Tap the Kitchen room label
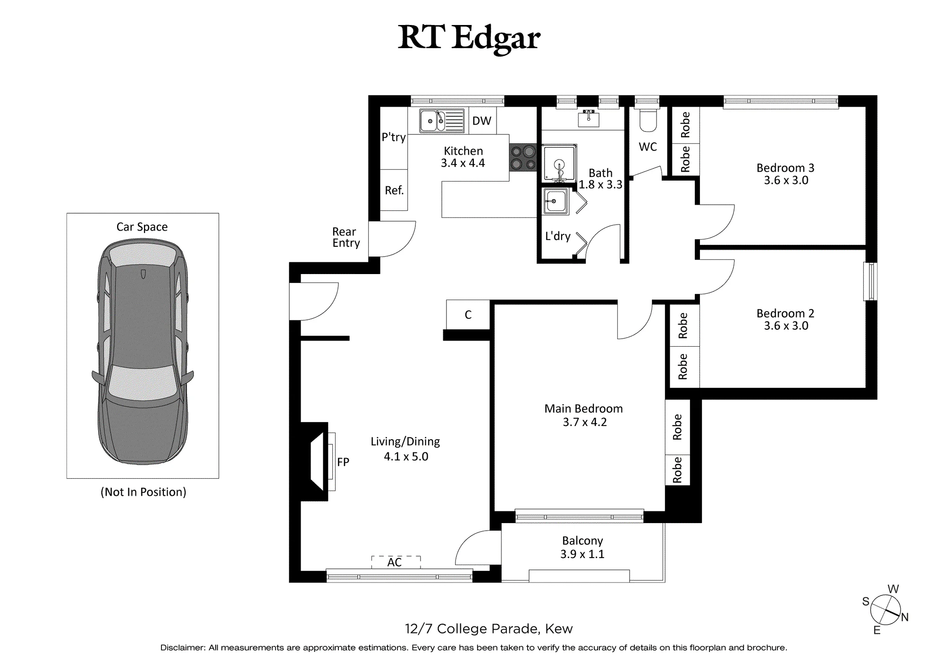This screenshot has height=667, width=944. click(463, 151)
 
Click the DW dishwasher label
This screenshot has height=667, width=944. click(481, 121)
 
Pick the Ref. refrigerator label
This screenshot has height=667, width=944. click(394, 190)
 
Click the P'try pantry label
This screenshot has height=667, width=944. click(394, 137)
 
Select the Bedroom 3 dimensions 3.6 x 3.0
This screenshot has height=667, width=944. click(786, 180)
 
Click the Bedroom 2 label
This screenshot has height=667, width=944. click(785, 313)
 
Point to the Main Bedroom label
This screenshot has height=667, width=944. click(583, 409)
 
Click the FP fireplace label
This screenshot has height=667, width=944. click(343, 462)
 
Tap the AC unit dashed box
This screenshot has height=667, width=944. click(396, 562)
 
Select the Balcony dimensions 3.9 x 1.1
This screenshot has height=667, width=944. click(582, 554)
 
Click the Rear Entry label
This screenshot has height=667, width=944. click(346, 237)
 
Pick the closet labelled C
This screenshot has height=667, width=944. click(468, 314)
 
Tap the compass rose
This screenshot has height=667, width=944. click(885, 609)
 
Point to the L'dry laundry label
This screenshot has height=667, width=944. click(558, 236)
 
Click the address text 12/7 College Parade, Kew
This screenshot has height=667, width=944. click(489, 629)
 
